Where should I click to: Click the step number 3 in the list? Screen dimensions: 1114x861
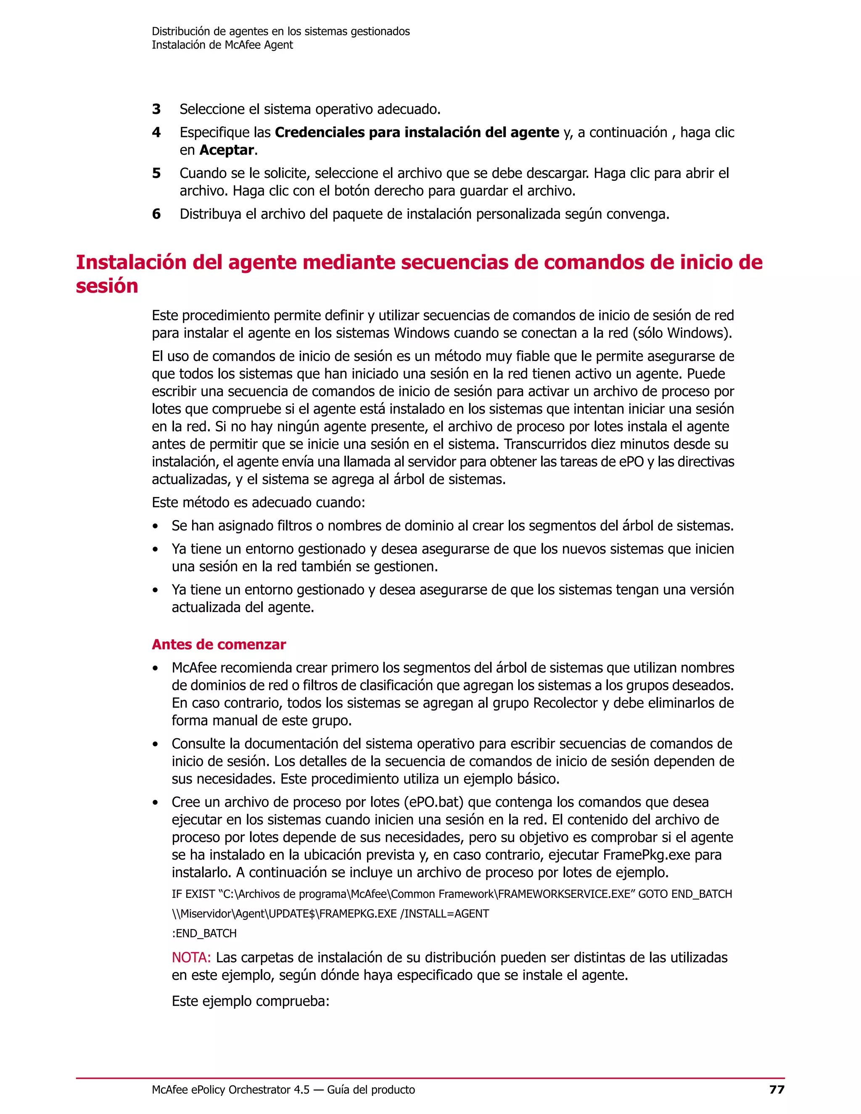coord(156,109)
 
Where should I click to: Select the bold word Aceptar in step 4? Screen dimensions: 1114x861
coord(227,150)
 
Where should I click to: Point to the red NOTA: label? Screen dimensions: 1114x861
coord(191,957)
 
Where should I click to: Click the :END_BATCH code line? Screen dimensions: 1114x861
coord(204,933)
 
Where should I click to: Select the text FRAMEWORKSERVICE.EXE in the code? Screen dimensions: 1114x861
coord(564,894)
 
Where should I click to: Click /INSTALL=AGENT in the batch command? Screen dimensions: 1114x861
coord(444,913)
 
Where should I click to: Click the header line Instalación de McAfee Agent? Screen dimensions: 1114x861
coord(222,45)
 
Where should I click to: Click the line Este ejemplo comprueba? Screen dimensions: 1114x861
coord(251,1001)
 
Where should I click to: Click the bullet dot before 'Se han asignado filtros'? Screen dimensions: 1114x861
coord(155,526)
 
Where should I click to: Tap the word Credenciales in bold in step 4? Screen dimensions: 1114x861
coord(320,132)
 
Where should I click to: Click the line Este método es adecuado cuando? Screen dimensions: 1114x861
coord(258,502)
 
